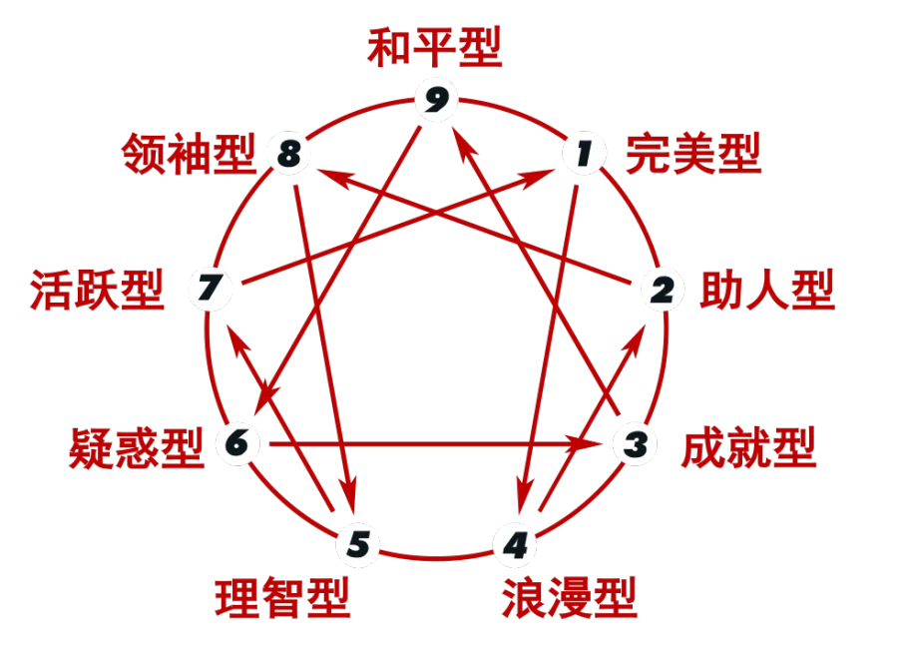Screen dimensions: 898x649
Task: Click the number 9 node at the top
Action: pos(436,100)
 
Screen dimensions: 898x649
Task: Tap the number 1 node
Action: pos(584,154)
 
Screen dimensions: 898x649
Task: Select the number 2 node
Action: pos(663,290)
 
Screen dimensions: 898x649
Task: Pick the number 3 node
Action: pos(636,443)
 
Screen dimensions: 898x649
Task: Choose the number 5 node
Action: pos(358,544)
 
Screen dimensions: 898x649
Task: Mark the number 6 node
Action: pos(237,443)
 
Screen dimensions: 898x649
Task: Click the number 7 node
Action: pos(210,288)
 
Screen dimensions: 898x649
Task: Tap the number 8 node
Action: pos(289,154)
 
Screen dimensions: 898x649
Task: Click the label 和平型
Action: pos(435,47)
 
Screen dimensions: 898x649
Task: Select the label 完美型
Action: pos(693,154)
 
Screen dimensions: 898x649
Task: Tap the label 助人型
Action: pos(767,291)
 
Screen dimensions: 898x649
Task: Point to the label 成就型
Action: pos(748,447)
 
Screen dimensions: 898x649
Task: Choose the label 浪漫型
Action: pos(570,597)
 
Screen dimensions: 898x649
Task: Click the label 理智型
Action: pos(282,597)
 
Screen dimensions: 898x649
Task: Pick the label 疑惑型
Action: pos(137,448)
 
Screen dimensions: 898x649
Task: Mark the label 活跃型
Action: pos(98,291)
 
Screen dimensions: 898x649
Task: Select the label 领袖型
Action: pos(189,154)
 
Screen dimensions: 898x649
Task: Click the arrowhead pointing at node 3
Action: pos(584,443)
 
